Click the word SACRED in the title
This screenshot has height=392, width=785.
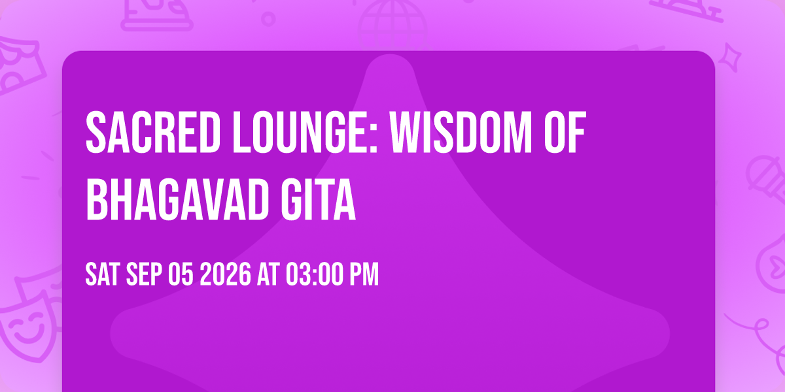(x=153, y=132)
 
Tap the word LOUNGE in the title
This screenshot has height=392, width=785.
(x=302, y=132)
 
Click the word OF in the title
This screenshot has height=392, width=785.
(x=565, y=132)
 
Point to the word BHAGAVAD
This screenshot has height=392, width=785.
(x=177, y=199)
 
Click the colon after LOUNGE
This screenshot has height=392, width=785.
(x=374, y=139)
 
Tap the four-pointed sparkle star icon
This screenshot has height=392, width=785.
(x=730, y=57)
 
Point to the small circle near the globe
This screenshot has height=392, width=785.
(x=268, y=19)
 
